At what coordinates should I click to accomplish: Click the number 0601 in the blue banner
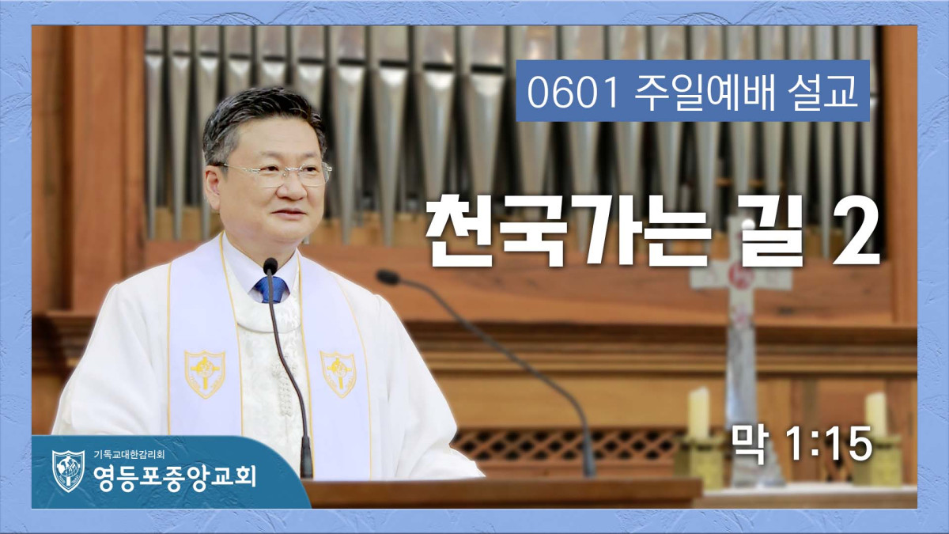pos(573,93)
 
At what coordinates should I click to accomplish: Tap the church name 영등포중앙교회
pos(175,477)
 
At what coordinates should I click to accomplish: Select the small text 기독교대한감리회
pos(129,455)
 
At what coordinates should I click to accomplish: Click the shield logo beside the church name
pos(68,471)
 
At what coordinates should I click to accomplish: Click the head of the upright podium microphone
pos(270,265)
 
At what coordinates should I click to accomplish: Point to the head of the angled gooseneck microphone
pos(388,277)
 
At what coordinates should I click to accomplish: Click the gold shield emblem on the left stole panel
pos(205,373)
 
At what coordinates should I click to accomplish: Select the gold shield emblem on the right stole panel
pos(338,373)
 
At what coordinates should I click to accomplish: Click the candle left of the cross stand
pos(699,414)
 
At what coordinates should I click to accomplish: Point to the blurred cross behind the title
pos(740,352)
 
